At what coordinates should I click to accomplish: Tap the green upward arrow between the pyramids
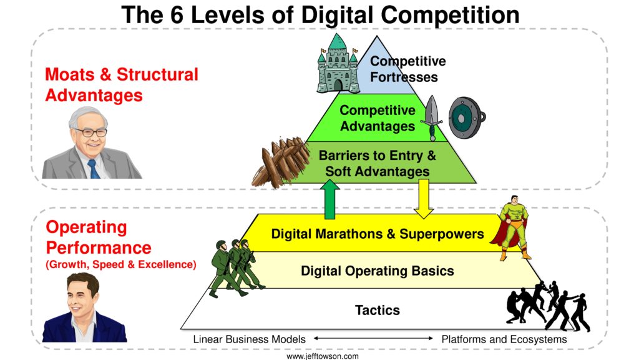click(329, 200)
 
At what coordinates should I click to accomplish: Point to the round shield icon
click(467, 117)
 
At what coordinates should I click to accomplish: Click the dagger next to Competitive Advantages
click(432, 118)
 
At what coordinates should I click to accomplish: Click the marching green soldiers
click(237, 268)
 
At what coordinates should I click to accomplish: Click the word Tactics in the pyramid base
click(378, 310)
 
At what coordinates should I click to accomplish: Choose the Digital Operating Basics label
click(378, 271)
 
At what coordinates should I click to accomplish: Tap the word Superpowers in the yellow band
click(442, 234)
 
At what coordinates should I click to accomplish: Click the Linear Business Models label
click(250, 339)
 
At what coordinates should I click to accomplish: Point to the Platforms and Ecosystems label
click(504, 339)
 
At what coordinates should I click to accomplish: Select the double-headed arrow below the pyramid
click(373, 338)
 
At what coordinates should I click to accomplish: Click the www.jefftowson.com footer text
click(323, 356)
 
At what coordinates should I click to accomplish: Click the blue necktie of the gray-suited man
click(94, 169)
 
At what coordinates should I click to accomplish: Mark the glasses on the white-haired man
click(91, 132)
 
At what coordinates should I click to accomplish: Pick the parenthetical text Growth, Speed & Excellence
click(121, 264)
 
